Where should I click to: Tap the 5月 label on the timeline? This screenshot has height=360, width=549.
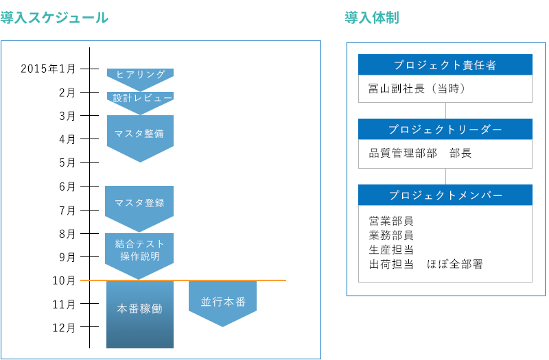[x=67, y=163]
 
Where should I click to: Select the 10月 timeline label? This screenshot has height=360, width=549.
[x=65, y=280]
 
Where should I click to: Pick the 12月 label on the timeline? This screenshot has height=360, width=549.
[x=65, y=328]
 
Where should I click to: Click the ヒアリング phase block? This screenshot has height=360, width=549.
[x=140, y=75]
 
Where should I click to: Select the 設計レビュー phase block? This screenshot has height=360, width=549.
[x=140, y=99]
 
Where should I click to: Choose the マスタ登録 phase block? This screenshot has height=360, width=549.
[x=140, y=204]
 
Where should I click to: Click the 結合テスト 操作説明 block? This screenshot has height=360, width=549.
[x=140, y=250]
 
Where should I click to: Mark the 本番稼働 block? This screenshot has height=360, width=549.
[x=140, y=310]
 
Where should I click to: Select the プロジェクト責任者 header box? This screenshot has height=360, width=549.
[x=445, y=65]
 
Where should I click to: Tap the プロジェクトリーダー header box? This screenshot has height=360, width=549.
[x=445, y=130]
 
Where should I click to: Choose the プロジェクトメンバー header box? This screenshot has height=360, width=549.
[x=445, y=195]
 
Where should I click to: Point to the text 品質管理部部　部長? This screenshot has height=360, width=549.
[x=420, y=154]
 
